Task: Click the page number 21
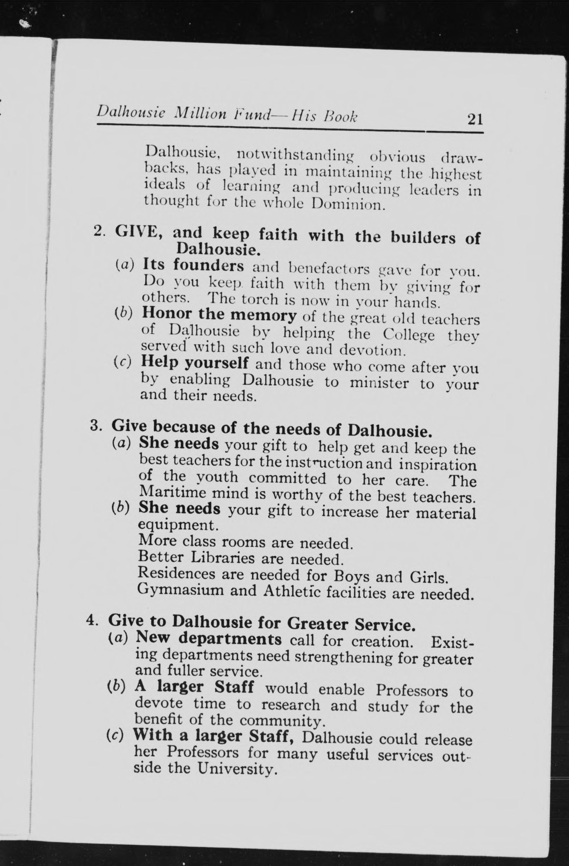click(x=475, y=119)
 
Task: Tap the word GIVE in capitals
click(x=137, y=232)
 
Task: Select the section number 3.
click(x=95, y=425)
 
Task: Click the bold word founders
click(x=208, y=265)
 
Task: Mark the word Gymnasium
click(x=180, y=590)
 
